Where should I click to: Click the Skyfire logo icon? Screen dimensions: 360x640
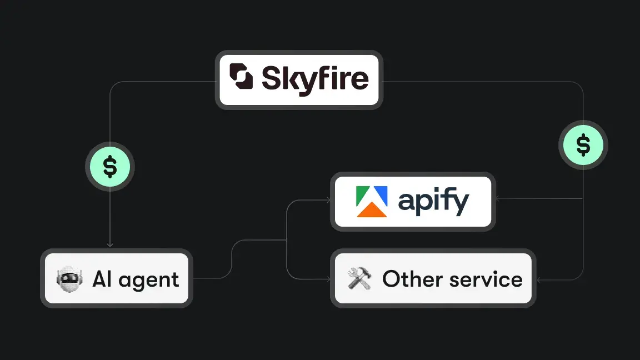click(241, 77)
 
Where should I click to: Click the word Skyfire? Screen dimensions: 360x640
click(314, 78)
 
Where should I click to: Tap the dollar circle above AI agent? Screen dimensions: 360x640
click(110, 167)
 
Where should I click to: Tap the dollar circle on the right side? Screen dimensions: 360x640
click(583, 146)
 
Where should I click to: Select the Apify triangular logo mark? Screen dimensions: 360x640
click(372, 202)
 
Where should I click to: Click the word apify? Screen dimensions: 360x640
click(433, 203)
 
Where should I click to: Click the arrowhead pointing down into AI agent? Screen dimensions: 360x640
click(110, 244)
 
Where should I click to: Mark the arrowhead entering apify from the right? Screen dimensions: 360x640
click(499, 198)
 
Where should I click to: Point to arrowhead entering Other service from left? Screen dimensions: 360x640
click(328, 278)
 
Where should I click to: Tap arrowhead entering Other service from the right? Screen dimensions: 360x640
click(539, 279)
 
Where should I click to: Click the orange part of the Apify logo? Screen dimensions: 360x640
click(372, 210)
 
